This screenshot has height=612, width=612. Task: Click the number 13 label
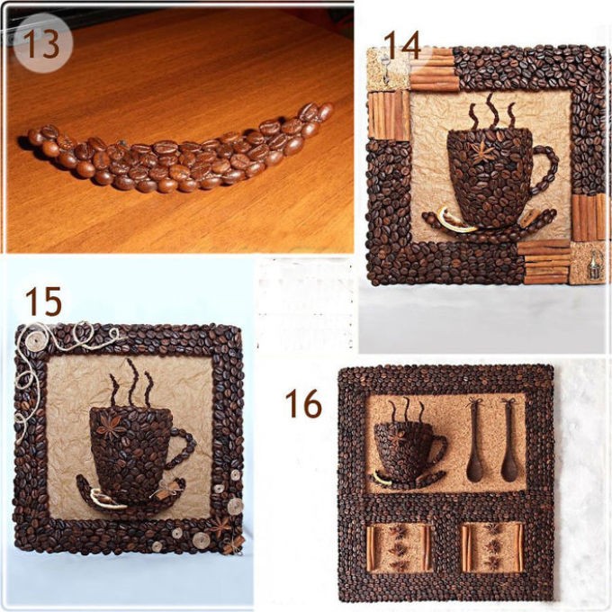click(42, 43)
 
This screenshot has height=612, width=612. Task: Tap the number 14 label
click(402, 45)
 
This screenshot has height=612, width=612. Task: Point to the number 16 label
click(303, 404)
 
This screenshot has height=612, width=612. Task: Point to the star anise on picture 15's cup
click(112, 427)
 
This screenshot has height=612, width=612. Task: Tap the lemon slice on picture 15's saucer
click(106, 499)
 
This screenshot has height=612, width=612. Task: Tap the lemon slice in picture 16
click(382, 478)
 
